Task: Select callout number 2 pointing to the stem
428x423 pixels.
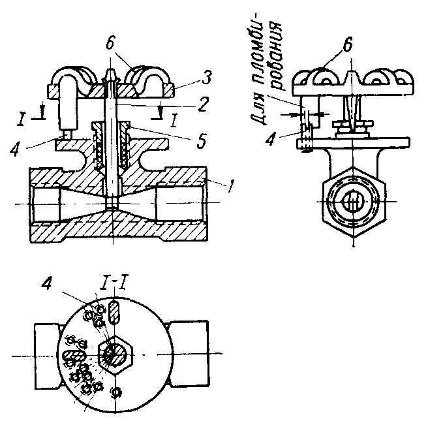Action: (x=203, y=104)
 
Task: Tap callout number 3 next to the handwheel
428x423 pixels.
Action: (x=207, y=77)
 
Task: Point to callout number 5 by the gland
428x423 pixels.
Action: (x=202, y=140)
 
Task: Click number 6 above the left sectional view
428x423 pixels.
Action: (x=110, y=43)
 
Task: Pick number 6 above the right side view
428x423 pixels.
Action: (x=348, y=44)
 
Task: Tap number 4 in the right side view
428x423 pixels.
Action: (x=271, y=138)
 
